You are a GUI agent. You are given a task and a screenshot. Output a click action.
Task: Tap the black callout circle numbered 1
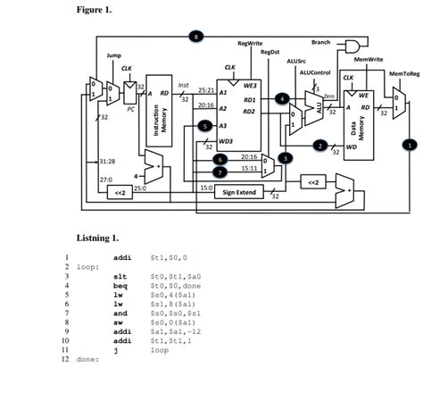[409, 143]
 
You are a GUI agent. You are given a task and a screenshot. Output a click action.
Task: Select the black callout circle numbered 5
[206, 127]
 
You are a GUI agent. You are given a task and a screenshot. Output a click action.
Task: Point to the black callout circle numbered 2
[319, 144]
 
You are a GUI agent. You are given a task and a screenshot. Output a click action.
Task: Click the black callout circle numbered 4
[282, 97]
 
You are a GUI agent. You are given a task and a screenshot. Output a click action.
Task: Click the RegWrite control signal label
[249, 43]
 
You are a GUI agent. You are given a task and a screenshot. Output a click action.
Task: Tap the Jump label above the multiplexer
[114, 55]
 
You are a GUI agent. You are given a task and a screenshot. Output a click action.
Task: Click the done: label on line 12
[87, 361]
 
